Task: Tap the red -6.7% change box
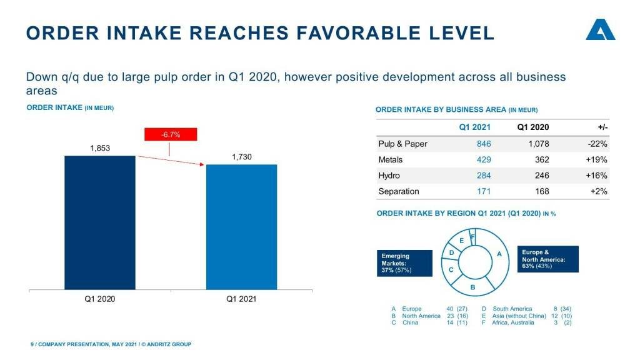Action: pyautogui.click(x=171, y=134)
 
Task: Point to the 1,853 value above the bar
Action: pyautogui.click(x=100, y=149)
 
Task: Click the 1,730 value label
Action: pyautogui.click(x=241, y=157)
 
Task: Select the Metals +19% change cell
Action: pyautogui.click(x=596, y=159)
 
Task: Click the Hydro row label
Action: pyautogui.click(x=389, y=176)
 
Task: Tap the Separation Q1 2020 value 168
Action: pyautogui.click(x=542, y=191)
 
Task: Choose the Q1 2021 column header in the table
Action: pyautogui.click(x=475, y=127)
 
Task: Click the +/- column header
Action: pyautogui.click(x=602, y=127)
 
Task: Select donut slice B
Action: pyautogui.click(x=472, y=286)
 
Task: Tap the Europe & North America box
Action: pyautogui.click(x=547, y=259)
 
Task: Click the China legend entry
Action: pyautogui.click(x=410, y=322)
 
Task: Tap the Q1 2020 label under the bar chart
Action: pyautogui.click(x=100, y=299)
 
